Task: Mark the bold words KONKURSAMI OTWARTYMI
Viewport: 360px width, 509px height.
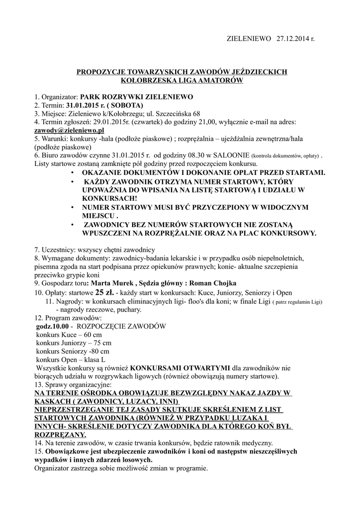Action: point(183,368)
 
